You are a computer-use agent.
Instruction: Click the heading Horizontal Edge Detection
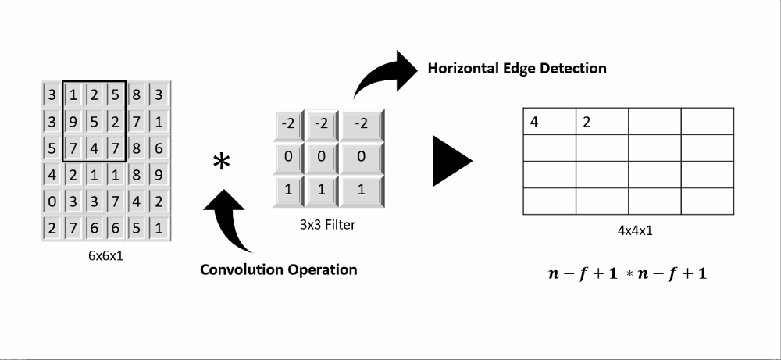[516, 68]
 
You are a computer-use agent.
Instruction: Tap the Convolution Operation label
[279, 269]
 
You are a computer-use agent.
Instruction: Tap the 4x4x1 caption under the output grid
[629, 232]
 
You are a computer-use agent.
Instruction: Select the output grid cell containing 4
[549, 122]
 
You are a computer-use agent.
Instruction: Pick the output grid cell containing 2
[602, 122]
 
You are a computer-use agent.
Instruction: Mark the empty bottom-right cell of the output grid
[708, 201]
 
